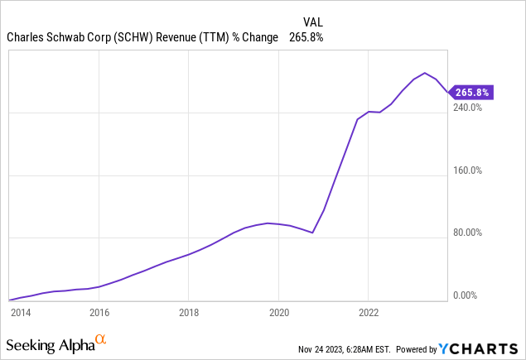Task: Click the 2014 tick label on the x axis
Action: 21,313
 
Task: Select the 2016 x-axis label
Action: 99,313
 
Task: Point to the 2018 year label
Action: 189,313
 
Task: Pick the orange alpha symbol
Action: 101,339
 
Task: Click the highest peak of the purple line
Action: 425,73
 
